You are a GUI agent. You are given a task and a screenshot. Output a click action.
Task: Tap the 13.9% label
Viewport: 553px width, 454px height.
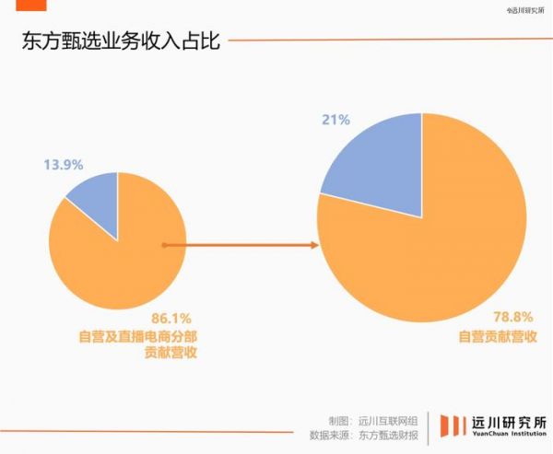[x=64, y=165]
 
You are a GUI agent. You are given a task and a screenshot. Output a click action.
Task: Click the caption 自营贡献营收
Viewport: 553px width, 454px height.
[x=498, y=336]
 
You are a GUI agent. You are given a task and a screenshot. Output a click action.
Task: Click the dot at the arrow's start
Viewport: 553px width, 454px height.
[x=163, y=245]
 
